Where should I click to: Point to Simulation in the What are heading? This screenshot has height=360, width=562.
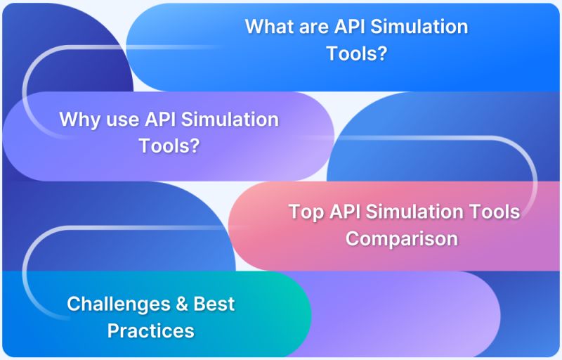[422, 27]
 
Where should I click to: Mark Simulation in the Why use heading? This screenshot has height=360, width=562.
[230, 119]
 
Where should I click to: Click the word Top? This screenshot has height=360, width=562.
[304, 211]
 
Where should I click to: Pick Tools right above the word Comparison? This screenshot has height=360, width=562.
[495, 211]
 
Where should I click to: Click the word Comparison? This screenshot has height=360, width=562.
[401, 238]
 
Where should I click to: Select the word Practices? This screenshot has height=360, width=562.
[150, 330]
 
